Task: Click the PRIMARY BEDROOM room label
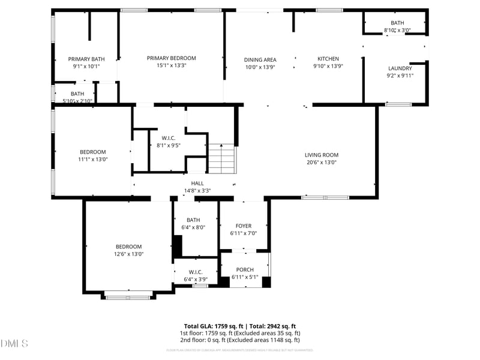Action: (171, 58)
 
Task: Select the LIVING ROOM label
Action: (321, 155)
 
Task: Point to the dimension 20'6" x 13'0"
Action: (321, 162)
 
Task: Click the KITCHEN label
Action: (328, 59)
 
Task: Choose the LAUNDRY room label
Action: (400, 68)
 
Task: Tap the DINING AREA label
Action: (260, 59)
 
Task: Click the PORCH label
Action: (245, 269)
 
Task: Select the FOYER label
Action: (244, 226)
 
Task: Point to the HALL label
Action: (197, 183)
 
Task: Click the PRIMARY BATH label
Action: (86, 59)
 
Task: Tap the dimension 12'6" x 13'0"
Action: (128, 254)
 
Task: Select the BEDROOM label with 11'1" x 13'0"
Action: (93, 152)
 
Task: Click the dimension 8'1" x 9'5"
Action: (168, 145)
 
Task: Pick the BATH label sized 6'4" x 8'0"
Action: (193, 220)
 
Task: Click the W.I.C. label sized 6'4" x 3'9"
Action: (196, 272)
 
